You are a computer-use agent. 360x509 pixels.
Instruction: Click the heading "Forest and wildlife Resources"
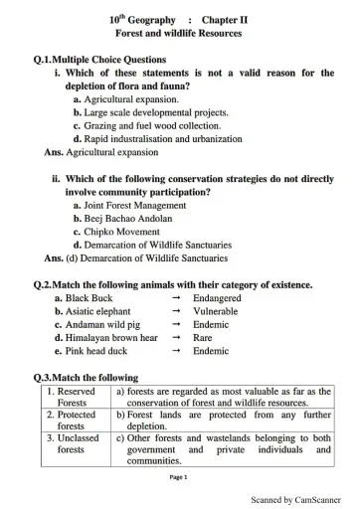(181, 34)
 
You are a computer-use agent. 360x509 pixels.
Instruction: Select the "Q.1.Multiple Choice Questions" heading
(99, 60)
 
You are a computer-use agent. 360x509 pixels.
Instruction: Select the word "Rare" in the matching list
(203, 337)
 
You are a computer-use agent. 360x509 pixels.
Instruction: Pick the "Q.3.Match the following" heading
(86, 378)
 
